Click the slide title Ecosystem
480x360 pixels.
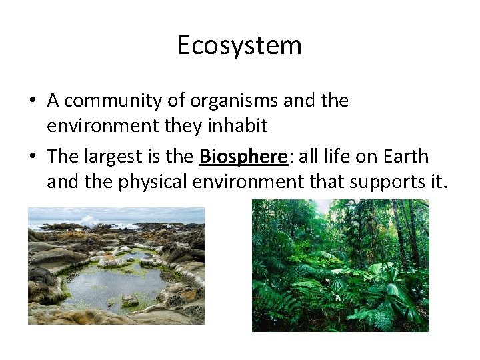(239, 45)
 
